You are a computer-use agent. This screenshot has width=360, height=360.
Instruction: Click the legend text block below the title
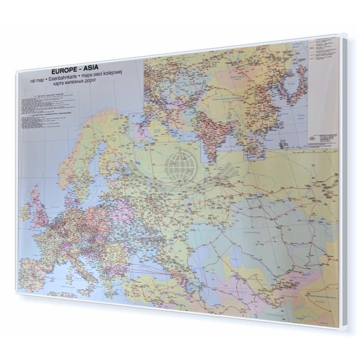click(x=54, y=108)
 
